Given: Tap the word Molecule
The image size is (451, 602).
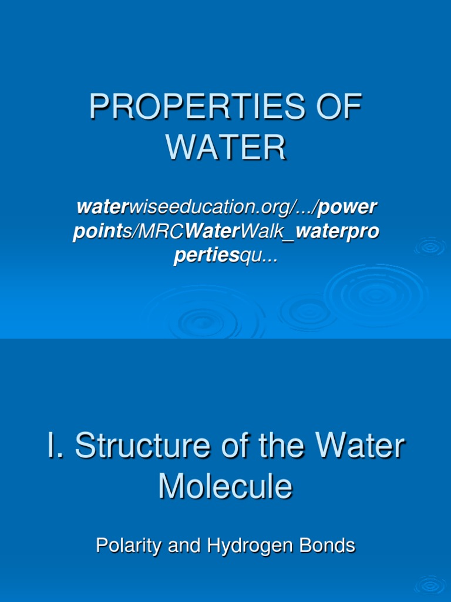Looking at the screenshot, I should [x=225, y=486].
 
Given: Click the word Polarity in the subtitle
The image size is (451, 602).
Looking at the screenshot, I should [x=129, y=546].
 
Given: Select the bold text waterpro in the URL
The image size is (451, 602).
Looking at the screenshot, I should [x=338, y=233].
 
